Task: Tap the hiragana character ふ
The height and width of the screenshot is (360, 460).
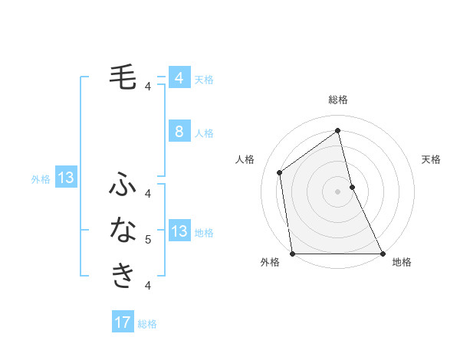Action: click(x=123, y=185)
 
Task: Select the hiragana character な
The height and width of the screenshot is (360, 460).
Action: click(x=123, y=229)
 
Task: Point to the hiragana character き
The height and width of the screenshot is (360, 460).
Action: click(x=123, y=275)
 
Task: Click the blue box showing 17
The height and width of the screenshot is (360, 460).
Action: click(x=123, y=322)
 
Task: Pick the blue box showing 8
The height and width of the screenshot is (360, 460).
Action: click(x=179, y=132)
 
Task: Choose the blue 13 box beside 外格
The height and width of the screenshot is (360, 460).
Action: click(x=66, y=178)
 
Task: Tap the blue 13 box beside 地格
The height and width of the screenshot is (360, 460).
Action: click(x=179, y=231)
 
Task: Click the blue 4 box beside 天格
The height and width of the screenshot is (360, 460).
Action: click(x=179, y=78)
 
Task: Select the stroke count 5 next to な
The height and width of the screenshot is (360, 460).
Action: click(x=148, y=240)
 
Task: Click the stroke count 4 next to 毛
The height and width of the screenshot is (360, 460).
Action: click(x=148, y=87)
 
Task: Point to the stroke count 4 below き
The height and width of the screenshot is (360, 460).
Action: click(x=148, y=286)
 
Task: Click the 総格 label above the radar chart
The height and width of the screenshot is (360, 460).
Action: click(x=338, y=100)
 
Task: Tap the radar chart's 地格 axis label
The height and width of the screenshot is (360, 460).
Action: click(x=402, y=263)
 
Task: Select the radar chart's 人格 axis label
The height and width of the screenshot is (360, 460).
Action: click(x=245, y=159)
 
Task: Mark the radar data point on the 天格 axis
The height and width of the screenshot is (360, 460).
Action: click(x=352, y=187)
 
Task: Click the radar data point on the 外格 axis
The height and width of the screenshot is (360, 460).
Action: click(x=292, y=254)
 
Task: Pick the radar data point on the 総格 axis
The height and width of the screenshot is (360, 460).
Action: click(x=338, y=130)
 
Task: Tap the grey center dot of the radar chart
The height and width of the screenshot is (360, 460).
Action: click(x=338, y=191)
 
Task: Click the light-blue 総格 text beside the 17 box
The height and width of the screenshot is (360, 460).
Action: click(x=147, y=324)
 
